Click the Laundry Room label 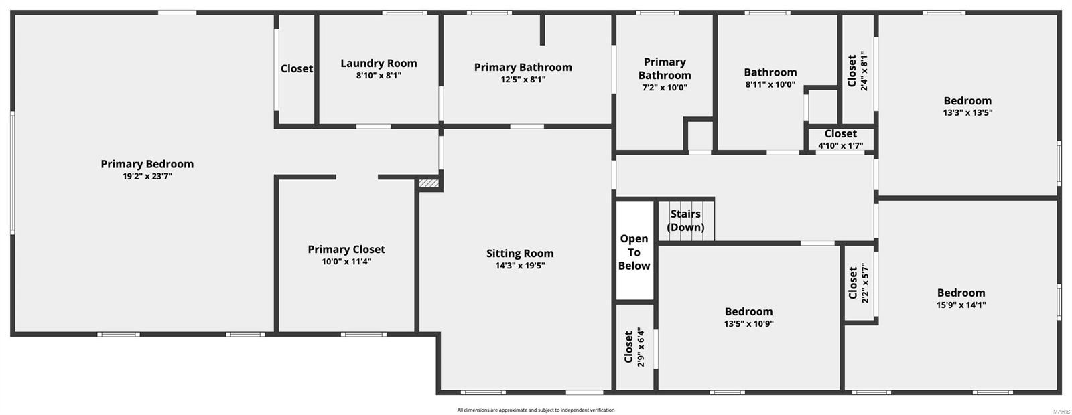379,64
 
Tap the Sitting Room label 520,254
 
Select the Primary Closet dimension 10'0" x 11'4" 346,262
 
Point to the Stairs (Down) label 685,220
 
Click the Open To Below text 634,252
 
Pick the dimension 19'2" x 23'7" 147,177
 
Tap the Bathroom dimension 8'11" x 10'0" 770,85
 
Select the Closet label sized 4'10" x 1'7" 841,134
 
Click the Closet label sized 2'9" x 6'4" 628,347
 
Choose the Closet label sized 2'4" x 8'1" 852,71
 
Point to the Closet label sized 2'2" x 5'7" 852,284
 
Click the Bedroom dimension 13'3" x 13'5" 967,113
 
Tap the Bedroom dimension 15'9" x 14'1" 961,305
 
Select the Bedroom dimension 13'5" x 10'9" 748,324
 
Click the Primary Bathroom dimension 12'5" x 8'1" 523,80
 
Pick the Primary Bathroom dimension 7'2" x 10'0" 664,88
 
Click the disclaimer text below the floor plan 535,410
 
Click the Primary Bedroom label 147,164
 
